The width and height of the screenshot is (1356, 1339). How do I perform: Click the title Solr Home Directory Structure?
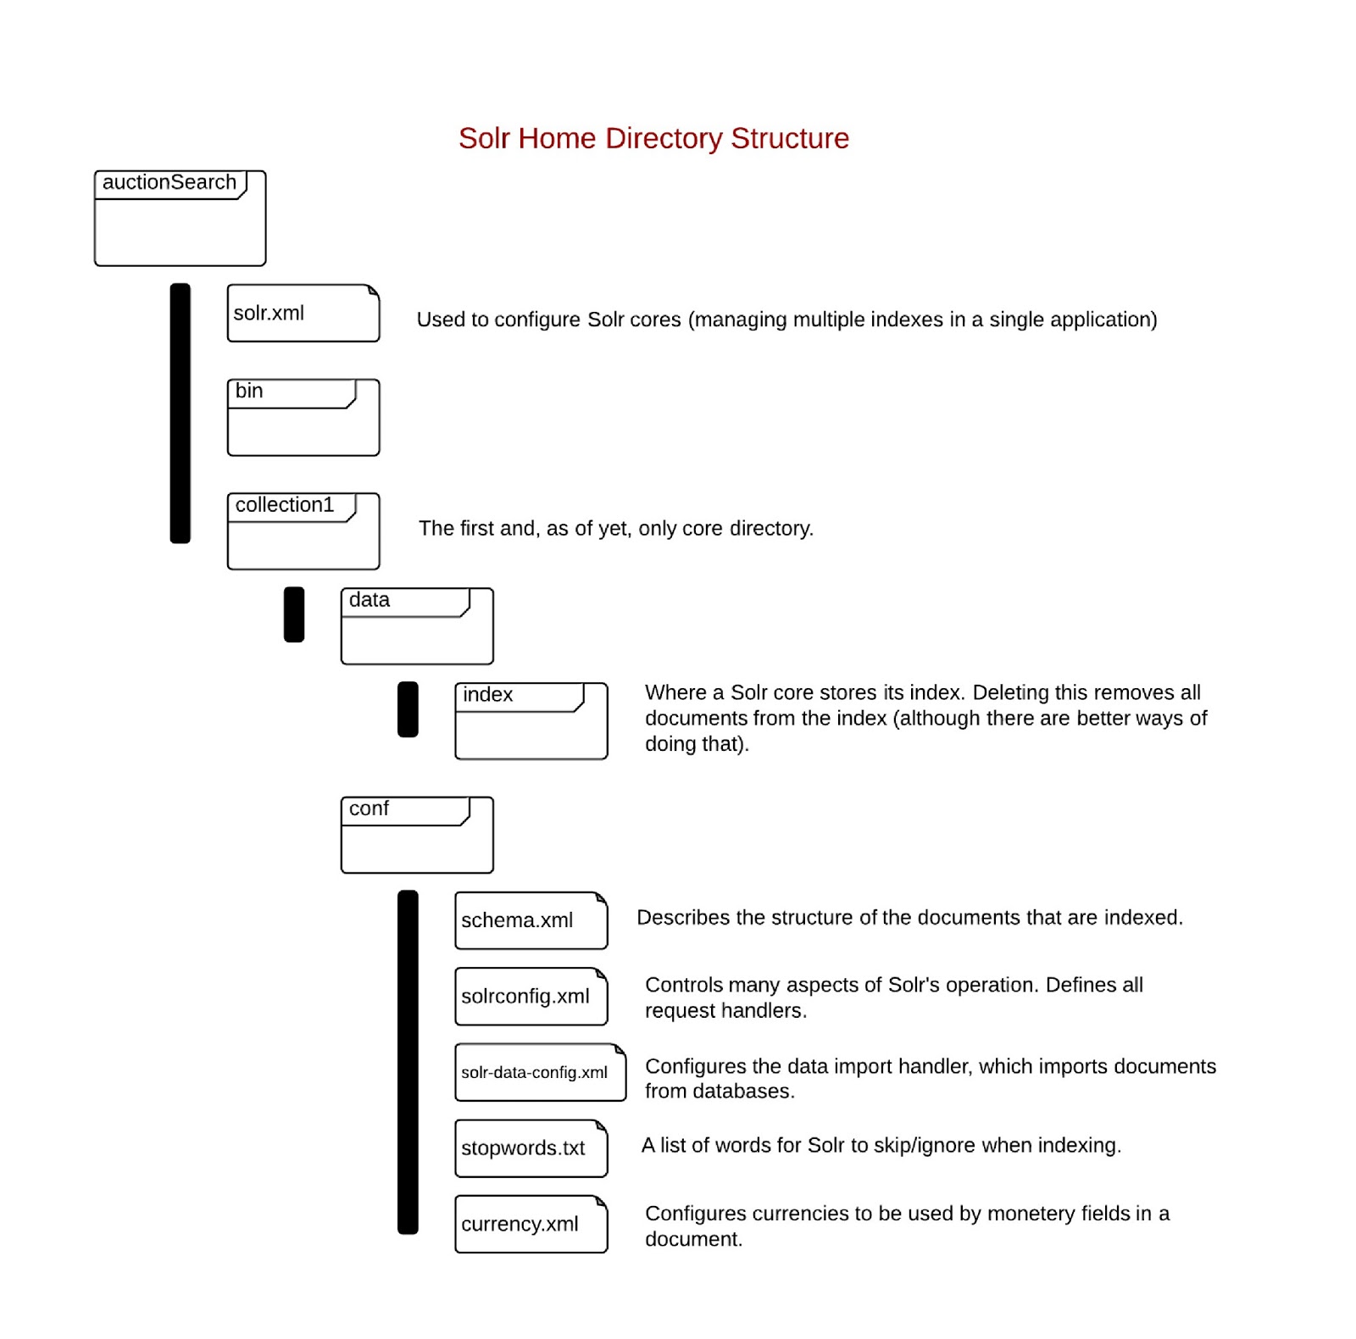coord(653,138)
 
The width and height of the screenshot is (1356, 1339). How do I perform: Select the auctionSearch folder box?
coord(180,219)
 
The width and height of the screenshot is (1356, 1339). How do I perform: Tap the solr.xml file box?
coord(303,314)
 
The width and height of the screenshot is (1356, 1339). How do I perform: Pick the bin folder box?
coord(303,418)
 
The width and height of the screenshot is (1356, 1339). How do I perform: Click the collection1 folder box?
coord(303,531)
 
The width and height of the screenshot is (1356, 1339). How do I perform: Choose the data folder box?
coord(416,626)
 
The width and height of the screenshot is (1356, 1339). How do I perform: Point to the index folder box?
coord(531,721)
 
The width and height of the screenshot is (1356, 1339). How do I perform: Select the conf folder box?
coord(416,835)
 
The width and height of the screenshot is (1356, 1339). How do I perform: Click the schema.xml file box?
coord(531,920)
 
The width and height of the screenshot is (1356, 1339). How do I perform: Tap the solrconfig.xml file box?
coord(531,997)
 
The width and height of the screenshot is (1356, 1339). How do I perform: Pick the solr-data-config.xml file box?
coord(540,1072)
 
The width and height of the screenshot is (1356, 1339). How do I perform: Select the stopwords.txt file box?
coord(531,1148)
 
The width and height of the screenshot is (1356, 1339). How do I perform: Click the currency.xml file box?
coord(531,1224)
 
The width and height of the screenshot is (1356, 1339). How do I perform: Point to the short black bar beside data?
coord(294,614)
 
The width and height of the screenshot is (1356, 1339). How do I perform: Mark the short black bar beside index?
coord(408,709)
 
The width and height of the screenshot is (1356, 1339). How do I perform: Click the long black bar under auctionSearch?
coord(180,413)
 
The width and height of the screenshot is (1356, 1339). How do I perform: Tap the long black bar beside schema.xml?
coord(408,1062)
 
